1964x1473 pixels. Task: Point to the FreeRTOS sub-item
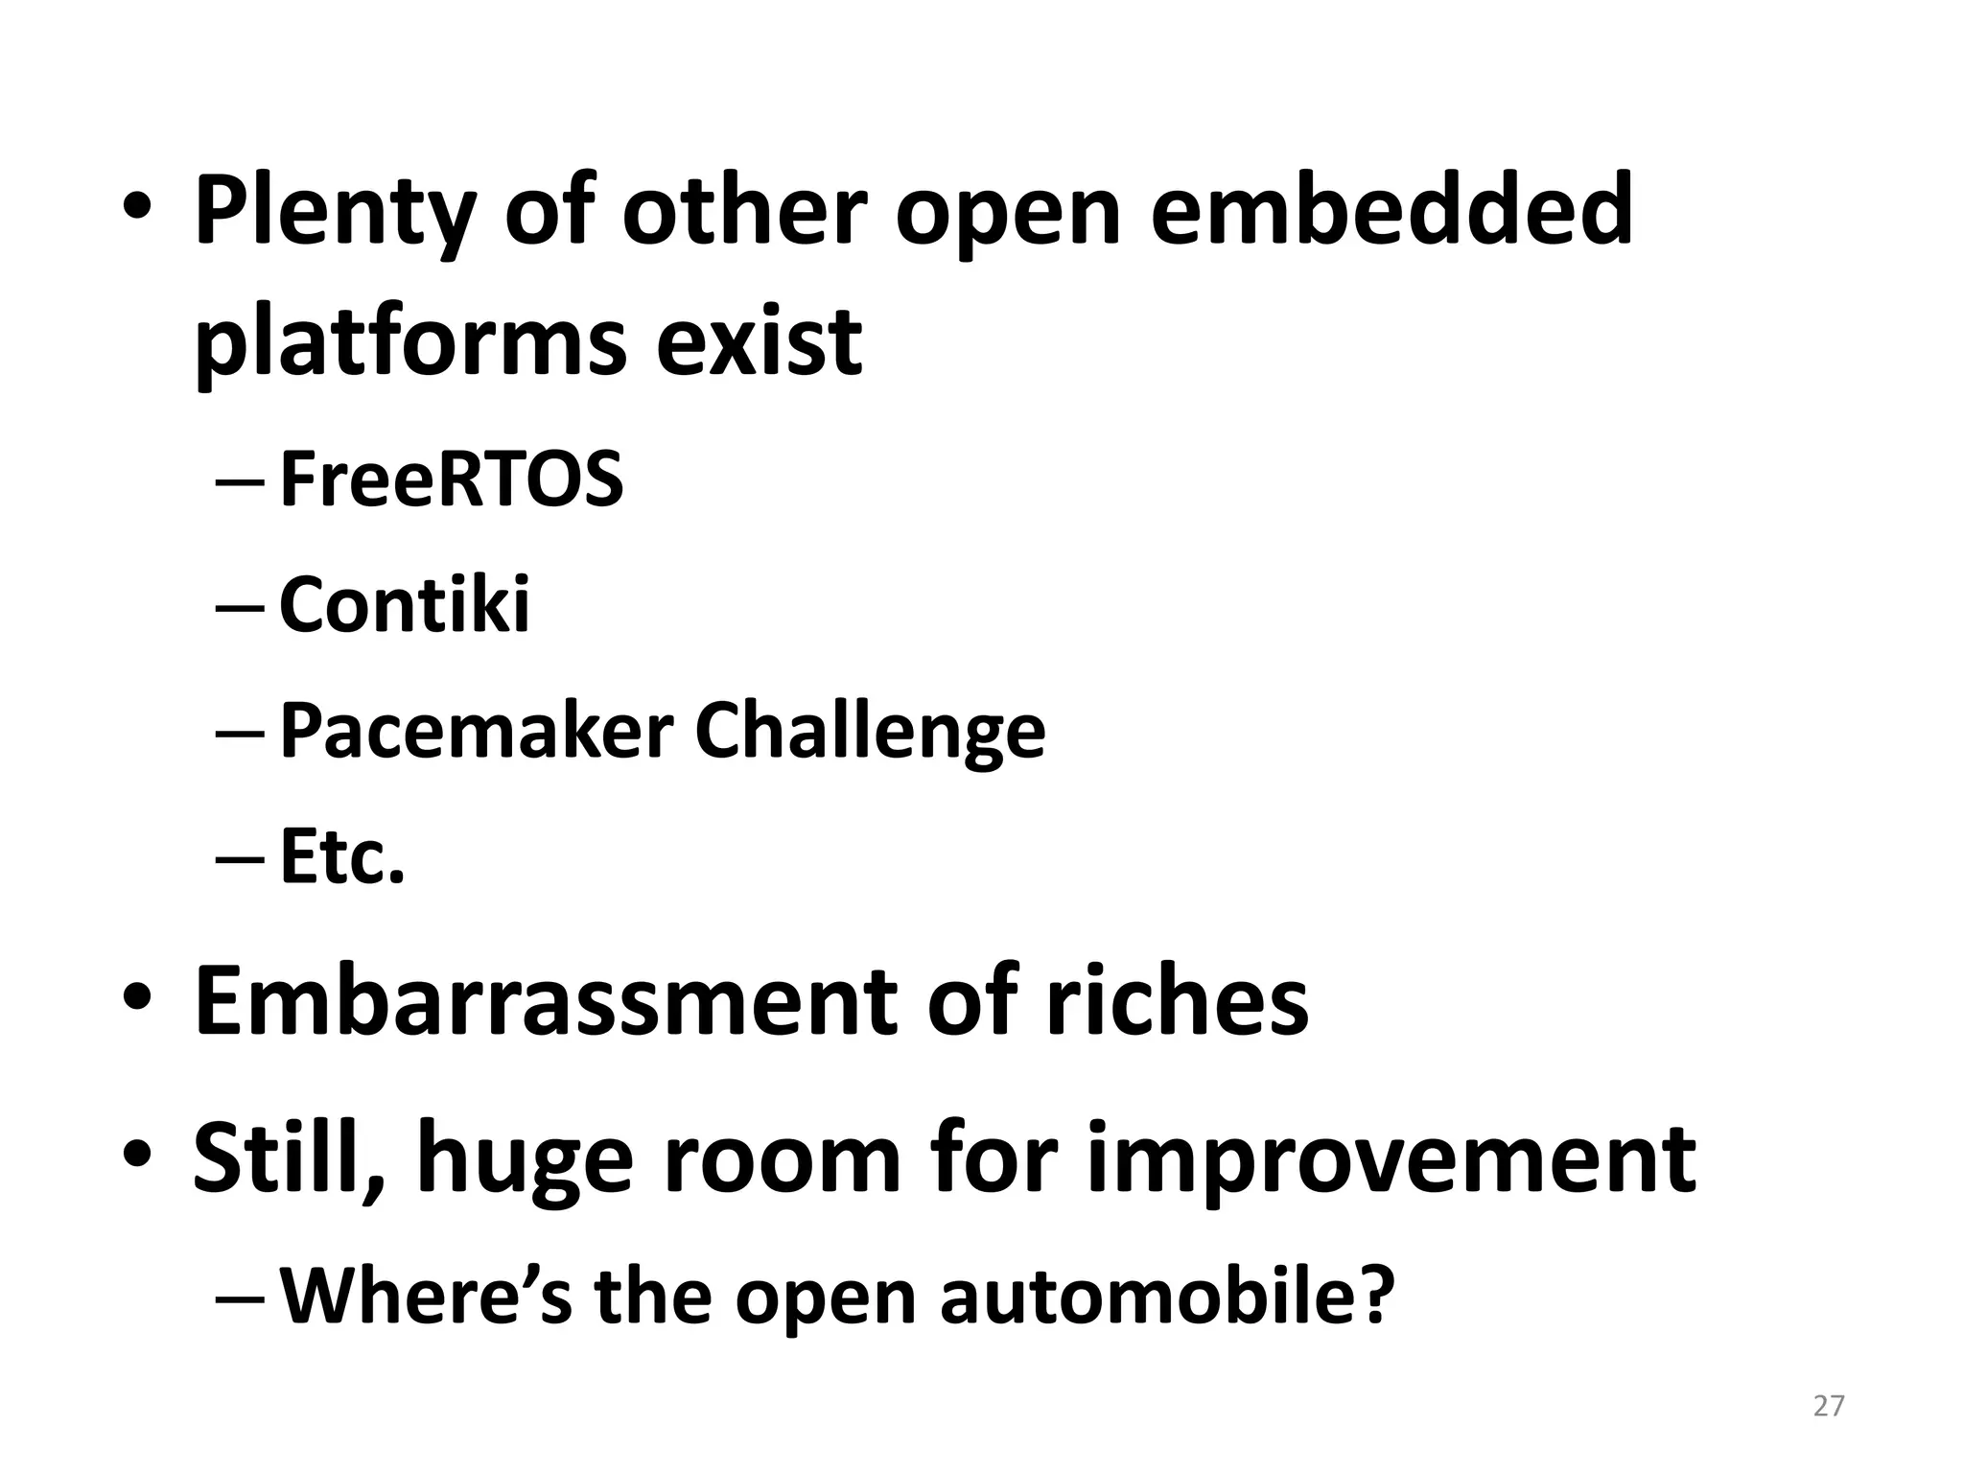pyautogui.click(x=451, y=479)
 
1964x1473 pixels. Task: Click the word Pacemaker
pyautogui.click(x=476, y=731)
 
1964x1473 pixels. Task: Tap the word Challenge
pyautogui.click(x=869, y=733)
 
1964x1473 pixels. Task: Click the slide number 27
pyautogui.click(x=1829, y=1406)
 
